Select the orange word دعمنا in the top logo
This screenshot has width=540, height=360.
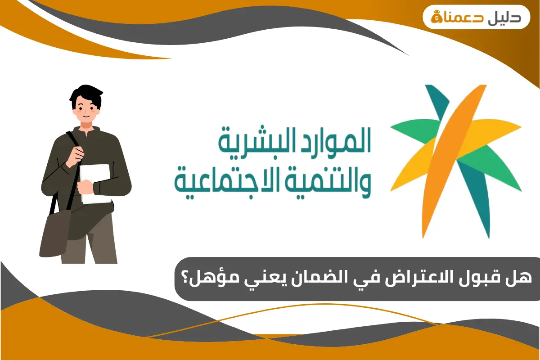[x=461, y=17]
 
